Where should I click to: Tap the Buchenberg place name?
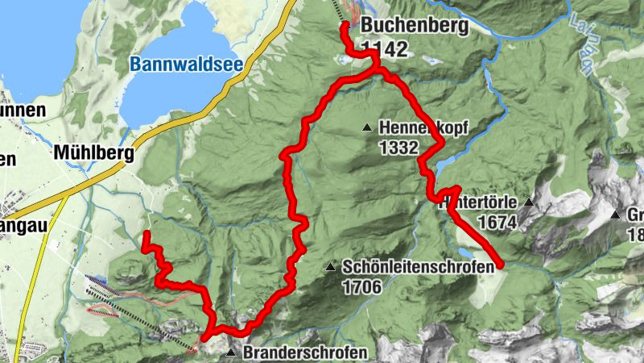[x=414, y=26]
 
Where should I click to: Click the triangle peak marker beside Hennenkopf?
[x=367, y=127]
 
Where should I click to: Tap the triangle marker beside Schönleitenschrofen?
[x=330, y=266]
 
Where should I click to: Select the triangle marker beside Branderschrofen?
[x=232, y=353]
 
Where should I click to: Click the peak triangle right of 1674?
[x=529, y=202]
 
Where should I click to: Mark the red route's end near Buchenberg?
[x=345, y=26]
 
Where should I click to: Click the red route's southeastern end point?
[x=500, y=264]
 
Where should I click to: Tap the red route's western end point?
[x=147, y=234]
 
